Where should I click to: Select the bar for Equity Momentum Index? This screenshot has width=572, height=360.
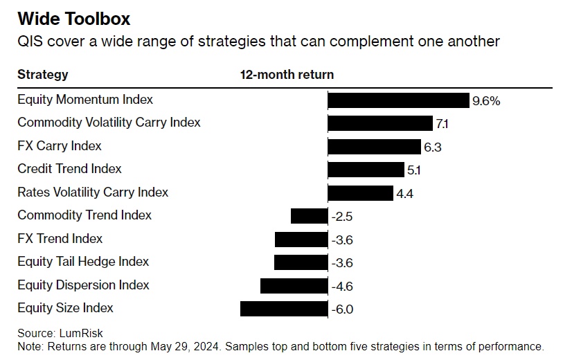coord(398,100)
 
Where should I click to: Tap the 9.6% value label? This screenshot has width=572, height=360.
coord(485,101)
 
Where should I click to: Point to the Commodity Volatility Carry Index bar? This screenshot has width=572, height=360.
coord(380,123)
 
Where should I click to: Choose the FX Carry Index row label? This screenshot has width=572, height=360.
coord(60,146)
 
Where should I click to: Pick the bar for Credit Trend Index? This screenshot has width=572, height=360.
coord(366,170)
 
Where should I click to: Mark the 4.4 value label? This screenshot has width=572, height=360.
coord(405,194)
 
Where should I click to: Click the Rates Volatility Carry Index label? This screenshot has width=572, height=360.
coord(93,192)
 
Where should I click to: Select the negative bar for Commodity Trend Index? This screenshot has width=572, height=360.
coord(309,216)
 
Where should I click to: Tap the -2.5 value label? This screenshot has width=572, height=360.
coord(342,217)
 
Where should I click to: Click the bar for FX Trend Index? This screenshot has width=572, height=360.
coord(301,240)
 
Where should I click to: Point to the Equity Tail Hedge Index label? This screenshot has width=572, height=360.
coord(83,262)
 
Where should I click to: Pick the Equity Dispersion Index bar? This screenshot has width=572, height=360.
coord(294,286)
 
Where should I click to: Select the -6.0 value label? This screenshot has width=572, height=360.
coord(342,309)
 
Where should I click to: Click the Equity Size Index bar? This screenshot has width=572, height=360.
coord(284,309)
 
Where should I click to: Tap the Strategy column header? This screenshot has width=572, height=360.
coord(43,75)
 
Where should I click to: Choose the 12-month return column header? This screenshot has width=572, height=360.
coord(287,75)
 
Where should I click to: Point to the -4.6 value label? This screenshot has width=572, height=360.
coord(342,286)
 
